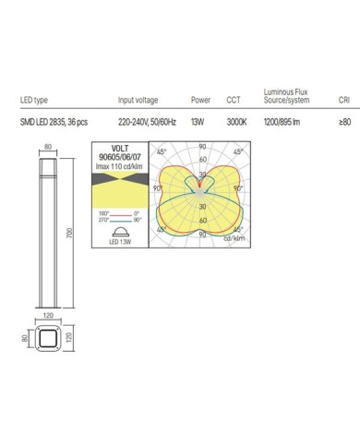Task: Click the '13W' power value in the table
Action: (198, 121)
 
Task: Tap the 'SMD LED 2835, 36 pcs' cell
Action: (53, 121)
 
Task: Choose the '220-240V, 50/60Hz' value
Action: (150, 121)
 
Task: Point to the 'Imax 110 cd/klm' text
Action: (118, 165)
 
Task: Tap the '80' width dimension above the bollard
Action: (47, 147)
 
